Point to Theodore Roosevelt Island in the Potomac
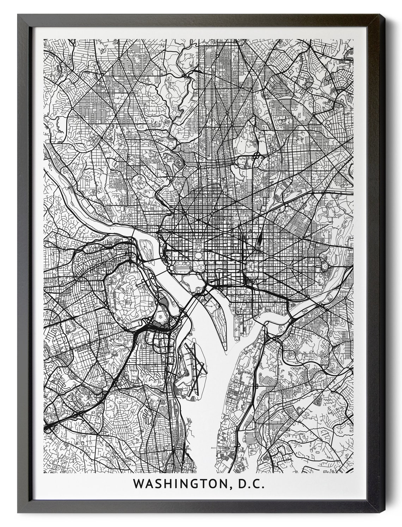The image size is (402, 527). (145, 245)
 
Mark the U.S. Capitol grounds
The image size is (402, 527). (251, 267)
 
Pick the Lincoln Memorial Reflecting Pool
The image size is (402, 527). (184, 268)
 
